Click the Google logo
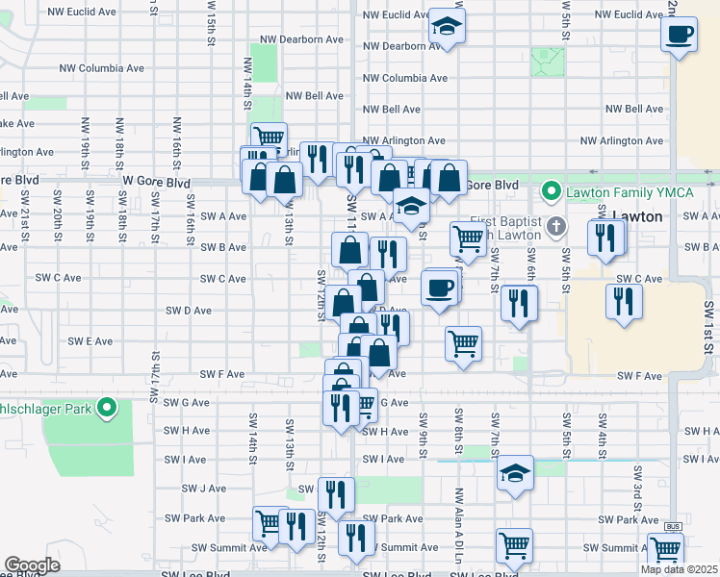pos(32,564)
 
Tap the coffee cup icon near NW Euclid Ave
pos(680,35)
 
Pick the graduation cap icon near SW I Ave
pos(515,472)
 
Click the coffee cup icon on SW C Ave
pos(439,288)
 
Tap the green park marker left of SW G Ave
pos(109,408)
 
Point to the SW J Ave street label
pos(203,489)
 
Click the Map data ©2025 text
pos(679,569)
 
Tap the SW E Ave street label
pos(90,341)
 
